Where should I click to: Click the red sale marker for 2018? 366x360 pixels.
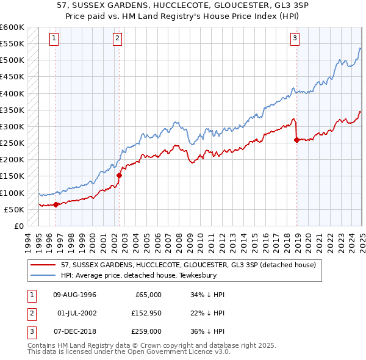297,140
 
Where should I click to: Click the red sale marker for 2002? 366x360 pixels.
119,175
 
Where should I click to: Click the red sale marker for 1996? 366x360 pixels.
56,204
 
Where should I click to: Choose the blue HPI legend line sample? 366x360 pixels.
43,275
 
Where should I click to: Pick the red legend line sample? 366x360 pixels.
43,265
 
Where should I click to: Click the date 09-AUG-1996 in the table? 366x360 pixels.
75,295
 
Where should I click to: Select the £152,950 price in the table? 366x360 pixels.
145,314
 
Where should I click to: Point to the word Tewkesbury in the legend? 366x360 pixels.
211,275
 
